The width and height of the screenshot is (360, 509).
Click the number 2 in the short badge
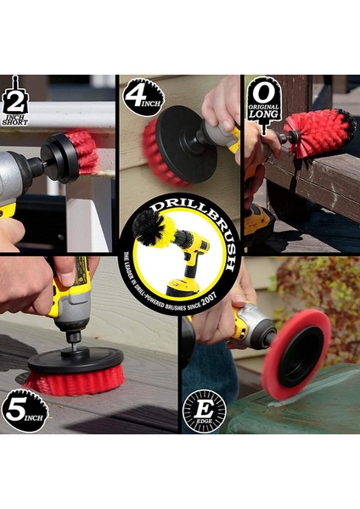(x=15, y=101)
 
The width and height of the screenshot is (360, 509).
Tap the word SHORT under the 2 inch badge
(x=15, y=122)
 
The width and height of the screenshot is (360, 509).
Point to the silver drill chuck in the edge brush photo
(x=259, y=327)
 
